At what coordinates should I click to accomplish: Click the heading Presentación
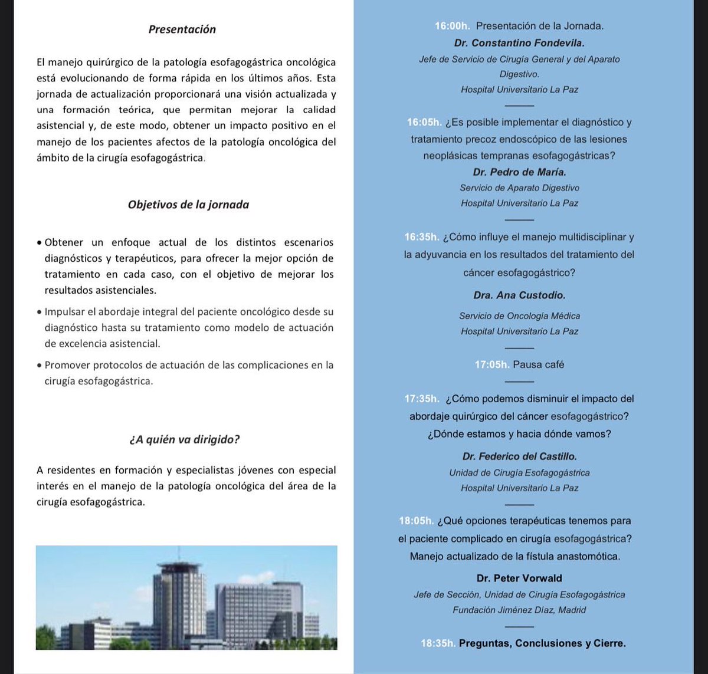pos(182,29)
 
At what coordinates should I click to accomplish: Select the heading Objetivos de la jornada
pos(188,205)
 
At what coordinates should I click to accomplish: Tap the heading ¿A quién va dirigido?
pos(184,439)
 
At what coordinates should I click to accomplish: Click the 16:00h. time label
pos(453,26)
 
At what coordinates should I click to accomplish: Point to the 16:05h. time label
pos(424,123)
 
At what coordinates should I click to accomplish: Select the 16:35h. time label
pos(421,237)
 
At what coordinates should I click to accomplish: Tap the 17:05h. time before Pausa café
pos(492,364)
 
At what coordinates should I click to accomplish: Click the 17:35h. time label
pos(422,399)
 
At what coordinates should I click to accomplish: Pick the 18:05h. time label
pos(417,521)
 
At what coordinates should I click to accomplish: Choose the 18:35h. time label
pos(438,643)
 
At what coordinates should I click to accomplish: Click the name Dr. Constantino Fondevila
pos(519,43)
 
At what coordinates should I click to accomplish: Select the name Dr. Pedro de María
pos(519,172)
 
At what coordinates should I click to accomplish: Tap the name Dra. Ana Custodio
pos(519,295)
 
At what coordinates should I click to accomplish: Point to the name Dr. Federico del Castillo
pos(519,456)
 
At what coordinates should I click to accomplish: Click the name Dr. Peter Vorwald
pos(519,578)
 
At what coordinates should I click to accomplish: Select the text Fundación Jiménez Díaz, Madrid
pos(519,610)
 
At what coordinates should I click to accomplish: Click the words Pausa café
pos(538,364)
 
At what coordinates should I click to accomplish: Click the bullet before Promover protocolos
pos(39,366)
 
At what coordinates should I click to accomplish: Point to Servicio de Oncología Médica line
pos(519,316)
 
